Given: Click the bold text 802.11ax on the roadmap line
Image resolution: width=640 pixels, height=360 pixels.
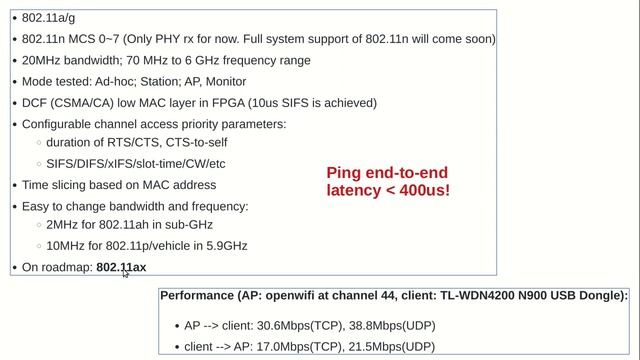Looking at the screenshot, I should click(121, 267).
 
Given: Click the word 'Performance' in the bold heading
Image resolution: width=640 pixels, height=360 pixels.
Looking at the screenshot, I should click(198, 296).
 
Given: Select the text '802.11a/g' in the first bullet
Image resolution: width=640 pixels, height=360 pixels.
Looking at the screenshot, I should click(49, 18).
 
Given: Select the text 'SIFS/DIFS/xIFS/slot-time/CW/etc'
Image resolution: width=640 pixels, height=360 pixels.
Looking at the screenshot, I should click(136, 164).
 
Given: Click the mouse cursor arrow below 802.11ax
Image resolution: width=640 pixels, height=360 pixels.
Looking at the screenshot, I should click(125, 273).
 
